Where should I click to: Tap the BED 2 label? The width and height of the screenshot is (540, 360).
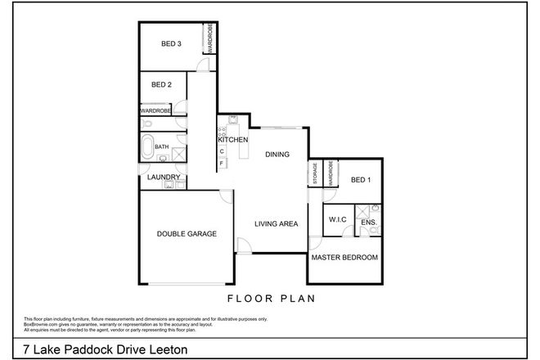click(162, 84)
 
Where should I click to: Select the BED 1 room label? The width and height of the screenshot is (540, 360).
click(361, 180)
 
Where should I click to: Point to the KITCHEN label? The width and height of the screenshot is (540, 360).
click(232, 140)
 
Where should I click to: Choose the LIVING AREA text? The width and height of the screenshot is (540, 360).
click(275, 223)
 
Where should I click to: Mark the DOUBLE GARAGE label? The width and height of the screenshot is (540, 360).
click(187, 234)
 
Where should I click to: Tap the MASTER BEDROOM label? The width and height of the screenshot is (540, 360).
click(344, 258)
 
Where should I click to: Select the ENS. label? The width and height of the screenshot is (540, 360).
click(368, 222)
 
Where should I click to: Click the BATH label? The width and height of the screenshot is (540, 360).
click(161, 147)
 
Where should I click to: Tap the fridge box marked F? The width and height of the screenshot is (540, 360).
click(221, 164)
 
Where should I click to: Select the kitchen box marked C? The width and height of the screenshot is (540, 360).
click(221, 151)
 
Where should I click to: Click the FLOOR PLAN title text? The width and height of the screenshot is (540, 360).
click(269, 298)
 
